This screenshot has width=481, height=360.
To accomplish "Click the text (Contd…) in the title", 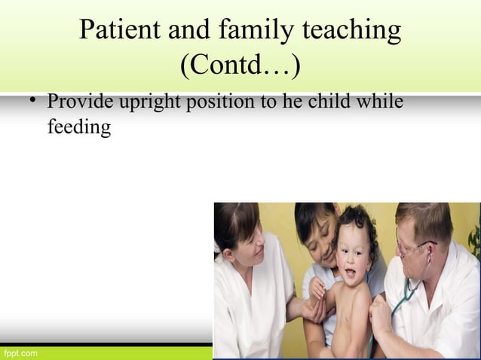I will pos(240,66).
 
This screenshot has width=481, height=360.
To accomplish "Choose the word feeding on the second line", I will pos(78,127).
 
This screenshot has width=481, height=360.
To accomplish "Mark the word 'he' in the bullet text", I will pos(291,102).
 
